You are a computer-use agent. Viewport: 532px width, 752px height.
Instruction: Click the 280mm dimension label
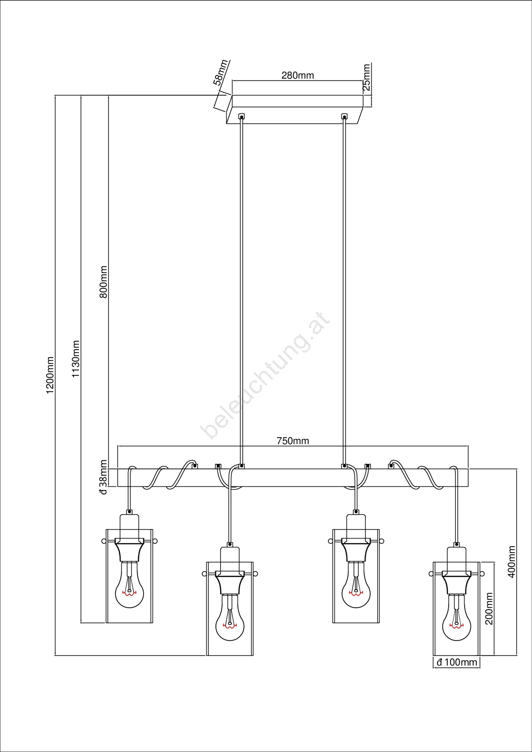[297, 76]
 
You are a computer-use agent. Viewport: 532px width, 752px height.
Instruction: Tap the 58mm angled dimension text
[221, 72]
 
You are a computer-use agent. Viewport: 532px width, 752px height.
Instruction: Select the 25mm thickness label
[366, 77]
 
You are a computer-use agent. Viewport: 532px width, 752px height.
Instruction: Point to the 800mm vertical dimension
[103, 282]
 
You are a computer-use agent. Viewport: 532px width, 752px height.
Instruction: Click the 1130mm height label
[76, 359]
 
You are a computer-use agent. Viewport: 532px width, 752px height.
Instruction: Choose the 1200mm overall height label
[50, 376]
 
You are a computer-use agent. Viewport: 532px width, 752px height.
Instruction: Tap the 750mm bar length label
[293, 441]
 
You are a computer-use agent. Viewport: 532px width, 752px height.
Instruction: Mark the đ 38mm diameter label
[103, 478]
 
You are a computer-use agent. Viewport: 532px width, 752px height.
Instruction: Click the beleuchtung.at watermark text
[265, 375]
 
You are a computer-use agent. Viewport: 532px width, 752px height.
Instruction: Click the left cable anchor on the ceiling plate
[241, 117]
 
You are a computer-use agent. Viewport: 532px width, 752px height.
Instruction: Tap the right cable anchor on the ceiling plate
[344, 117]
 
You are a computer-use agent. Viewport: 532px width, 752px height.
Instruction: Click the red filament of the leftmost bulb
[129, 593]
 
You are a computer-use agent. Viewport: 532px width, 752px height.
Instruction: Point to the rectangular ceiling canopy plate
[295, 110]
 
